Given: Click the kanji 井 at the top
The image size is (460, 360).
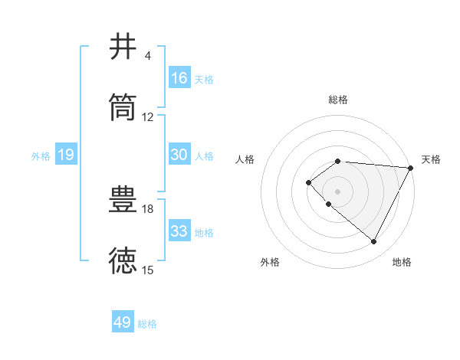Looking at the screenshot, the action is [123, 47].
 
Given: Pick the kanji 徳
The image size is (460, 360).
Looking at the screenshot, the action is [123, 260].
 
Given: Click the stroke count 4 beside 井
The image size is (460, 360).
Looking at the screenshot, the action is [147, 56].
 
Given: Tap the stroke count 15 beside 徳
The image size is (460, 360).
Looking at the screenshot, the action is [148, 270].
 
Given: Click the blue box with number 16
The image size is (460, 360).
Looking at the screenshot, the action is [179, 78].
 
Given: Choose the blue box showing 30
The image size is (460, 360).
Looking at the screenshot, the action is [179, 155].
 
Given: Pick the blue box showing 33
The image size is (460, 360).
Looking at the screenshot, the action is [179, 231].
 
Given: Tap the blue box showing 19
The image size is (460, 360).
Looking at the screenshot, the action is [65, 155].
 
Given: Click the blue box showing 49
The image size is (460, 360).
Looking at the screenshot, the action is [123, 322].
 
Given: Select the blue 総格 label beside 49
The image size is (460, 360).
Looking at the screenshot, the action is [148, 324].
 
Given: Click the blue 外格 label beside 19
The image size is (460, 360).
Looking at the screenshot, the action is [41, 156].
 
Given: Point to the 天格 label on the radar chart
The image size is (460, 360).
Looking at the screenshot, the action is [431, 159].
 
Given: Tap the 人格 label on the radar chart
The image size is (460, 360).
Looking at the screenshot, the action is [245, 159].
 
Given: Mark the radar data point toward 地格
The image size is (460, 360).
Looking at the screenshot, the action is [374, 242].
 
